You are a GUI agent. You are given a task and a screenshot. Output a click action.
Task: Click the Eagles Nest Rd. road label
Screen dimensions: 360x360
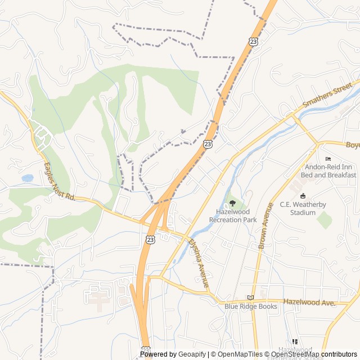(60, 181)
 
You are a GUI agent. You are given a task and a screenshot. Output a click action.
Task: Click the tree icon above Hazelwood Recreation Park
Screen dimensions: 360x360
(232, 203)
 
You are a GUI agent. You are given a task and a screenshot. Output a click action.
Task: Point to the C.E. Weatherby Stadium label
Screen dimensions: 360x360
(303, 209)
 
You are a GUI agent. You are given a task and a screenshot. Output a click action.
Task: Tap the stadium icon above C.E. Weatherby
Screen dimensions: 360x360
(303, 196)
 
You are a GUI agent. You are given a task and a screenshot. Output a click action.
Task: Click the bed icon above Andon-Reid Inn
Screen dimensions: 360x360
(328, 159)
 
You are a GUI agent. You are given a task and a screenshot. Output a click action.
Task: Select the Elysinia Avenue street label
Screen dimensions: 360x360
(199, 263)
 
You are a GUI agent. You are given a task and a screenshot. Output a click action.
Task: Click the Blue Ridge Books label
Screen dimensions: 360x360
(251, 307)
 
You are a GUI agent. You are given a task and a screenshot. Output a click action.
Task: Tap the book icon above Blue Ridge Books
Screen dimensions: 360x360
(251, 298)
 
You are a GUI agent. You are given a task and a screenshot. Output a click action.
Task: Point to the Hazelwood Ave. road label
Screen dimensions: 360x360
(309, 303)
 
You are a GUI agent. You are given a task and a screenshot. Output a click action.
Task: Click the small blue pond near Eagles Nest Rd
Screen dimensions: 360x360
(28, 178)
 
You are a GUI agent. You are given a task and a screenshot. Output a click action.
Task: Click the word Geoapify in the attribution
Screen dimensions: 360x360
(192, 354)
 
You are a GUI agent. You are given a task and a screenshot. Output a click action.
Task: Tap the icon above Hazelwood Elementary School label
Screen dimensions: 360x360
(295, 341)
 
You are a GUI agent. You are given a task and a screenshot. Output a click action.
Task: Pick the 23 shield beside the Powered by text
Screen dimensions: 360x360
(146, 349)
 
